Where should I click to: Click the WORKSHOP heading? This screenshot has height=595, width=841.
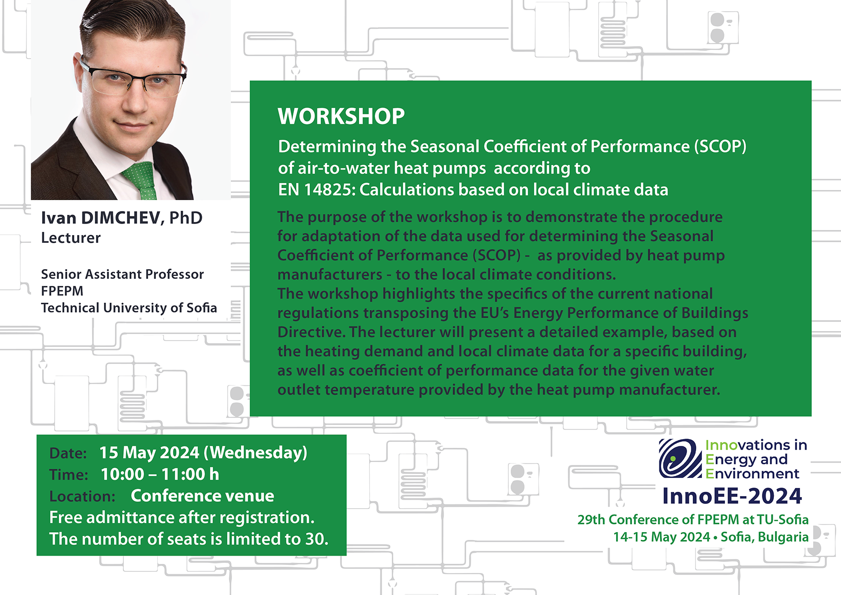[341, 117]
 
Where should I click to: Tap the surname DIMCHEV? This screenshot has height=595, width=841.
[120, 218]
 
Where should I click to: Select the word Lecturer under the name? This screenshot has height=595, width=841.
[71, 238]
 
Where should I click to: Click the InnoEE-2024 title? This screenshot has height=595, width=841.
[732, 496]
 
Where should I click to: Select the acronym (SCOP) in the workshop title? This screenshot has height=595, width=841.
[720, 146]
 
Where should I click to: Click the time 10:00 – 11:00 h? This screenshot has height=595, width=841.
[160, 474]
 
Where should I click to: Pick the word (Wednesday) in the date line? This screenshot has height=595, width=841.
[256, 452]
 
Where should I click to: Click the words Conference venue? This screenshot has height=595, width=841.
[202, 496]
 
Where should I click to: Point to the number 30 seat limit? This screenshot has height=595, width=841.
[316, 539]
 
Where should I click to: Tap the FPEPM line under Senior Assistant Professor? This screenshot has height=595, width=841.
[62, 291]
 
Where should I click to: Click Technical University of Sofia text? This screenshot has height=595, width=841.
[129, 308]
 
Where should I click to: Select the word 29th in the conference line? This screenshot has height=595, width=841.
[592, 520]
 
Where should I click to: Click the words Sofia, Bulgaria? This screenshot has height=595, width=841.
[765, 537]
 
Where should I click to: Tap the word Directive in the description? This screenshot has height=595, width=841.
[311, 332]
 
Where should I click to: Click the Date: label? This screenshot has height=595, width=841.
[68, 453]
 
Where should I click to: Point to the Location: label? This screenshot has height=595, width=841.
[82, 497]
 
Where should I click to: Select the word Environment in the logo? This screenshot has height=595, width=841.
[752, 474]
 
